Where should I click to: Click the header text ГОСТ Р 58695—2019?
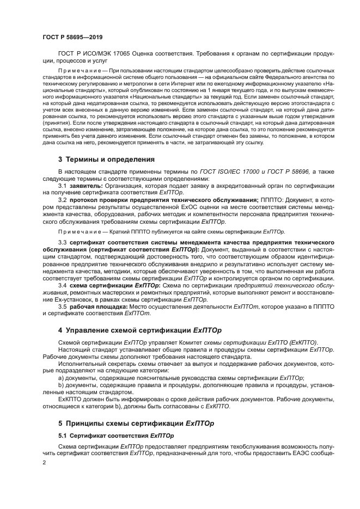click(72, 38)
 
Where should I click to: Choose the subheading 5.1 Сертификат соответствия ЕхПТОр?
click(115, 436)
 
